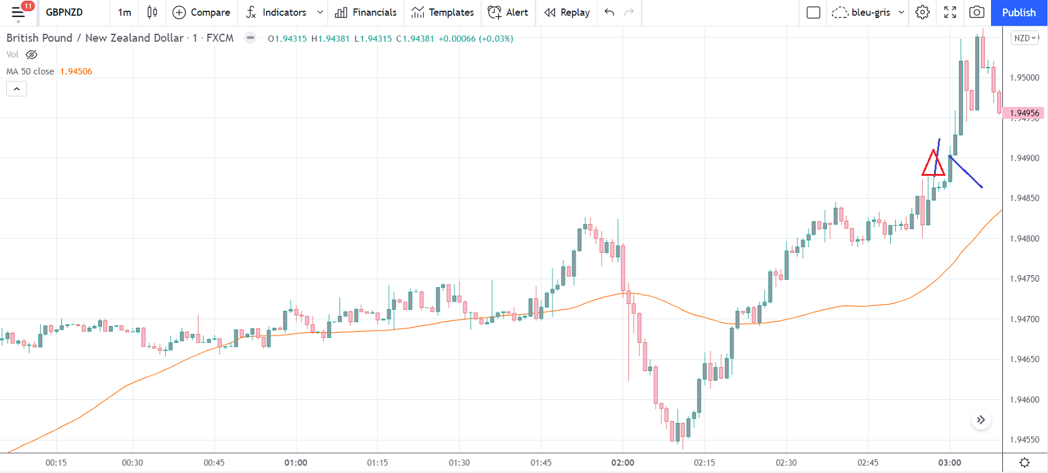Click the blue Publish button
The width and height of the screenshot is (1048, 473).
click(1019, 13)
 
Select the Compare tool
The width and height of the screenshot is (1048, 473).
click(202, 13)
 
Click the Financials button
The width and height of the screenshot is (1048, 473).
click(366, 13)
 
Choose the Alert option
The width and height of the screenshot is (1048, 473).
click(508, 13)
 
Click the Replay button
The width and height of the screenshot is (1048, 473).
click(567, 13)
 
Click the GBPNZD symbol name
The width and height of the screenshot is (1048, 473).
click(64, 13)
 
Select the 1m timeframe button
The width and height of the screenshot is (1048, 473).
click(125, 13)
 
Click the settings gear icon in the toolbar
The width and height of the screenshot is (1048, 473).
click(922, 13)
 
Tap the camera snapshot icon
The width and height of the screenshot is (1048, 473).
click(977, 13)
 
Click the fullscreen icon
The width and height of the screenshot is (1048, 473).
click(950, 13)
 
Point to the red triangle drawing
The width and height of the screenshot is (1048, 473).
click(933, 164)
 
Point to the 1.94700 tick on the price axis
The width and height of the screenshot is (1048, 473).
click(1025, 319)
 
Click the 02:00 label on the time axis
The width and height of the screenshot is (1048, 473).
click(623, 463)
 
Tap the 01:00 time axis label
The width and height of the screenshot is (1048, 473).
click(295, 463)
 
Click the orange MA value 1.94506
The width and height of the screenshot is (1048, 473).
click(76, 71)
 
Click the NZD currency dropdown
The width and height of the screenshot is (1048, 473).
click(1025, 38)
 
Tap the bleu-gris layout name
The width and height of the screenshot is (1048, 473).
click(870, 13)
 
